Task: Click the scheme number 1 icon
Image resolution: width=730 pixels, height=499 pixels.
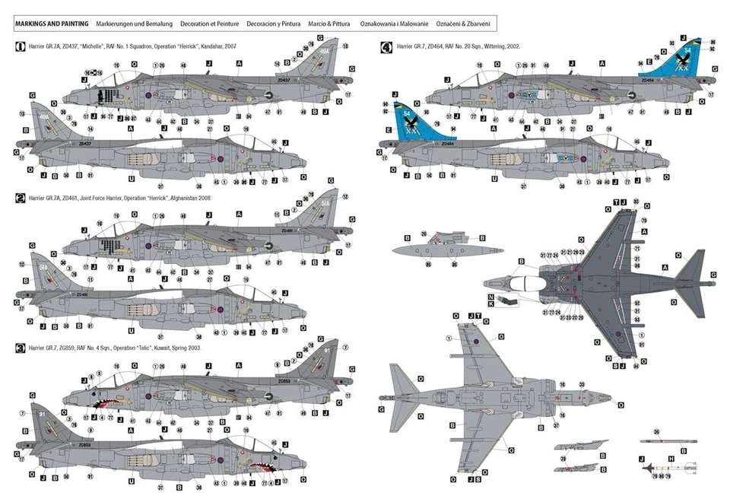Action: click(x=20, y=46)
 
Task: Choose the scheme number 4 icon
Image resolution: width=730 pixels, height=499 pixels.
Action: click(x=386, y=46)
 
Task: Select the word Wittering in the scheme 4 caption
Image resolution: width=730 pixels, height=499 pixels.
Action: click(x=498, y=46)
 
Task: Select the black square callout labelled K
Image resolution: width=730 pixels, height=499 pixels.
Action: click(x=492, y=304)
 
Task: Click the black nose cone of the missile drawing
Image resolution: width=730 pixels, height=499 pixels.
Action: click(x=646, y=467)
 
